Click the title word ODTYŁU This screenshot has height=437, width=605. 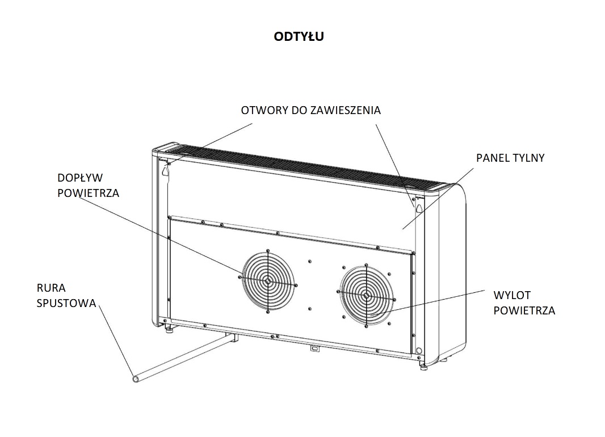299,37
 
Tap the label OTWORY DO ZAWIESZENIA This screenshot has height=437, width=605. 310,111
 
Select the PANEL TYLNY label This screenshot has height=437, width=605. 510,158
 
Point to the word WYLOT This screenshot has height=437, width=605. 512,296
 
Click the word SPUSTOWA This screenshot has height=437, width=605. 66,303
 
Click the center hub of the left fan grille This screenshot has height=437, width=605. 268,281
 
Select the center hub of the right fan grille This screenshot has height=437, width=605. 367,295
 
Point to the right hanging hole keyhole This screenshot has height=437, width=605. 419,208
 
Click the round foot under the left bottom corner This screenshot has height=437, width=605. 167,328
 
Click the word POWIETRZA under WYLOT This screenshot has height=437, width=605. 524,310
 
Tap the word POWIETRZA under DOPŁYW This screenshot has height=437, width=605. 89,193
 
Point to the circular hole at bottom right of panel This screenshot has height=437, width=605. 419,351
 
